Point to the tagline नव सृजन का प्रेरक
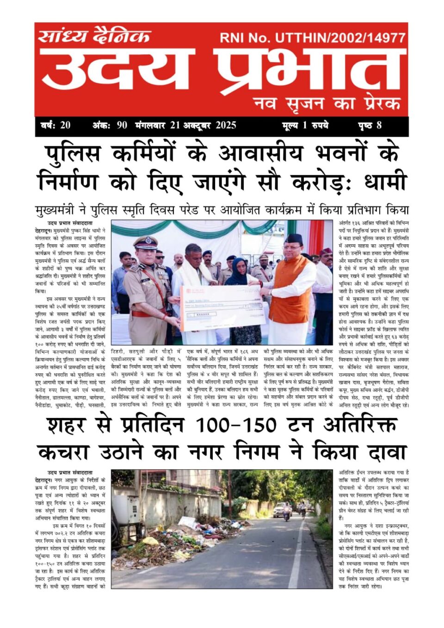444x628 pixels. (327, 103)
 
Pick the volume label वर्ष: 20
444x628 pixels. (55, 125)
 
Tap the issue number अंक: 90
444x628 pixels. (110, 125)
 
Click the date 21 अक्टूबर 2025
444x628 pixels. (203, 125)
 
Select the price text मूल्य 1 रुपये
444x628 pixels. (305, 125)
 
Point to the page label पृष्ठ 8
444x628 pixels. (370, 125)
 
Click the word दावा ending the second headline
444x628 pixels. (382, 452)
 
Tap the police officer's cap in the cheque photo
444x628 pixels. (145, 241)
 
